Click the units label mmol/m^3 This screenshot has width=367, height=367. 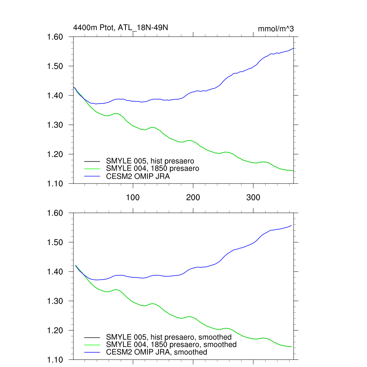(x=276, y=29)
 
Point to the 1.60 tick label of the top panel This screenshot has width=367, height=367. (x=55, y=37)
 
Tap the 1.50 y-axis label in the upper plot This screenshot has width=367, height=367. (x=55, y=66)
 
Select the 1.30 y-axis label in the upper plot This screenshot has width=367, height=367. (x=55, y=125)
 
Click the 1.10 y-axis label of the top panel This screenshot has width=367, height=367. (x=55, y=183)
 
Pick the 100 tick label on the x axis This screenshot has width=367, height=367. (x=133, y=197)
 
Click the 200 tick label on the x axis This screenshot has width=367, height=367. (x=193, y=197)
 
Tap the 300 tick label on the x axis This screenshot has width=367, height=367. (x=253, y=197)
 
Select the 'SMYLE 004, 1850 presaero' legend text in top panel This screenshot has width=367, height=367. (x=152, y=168)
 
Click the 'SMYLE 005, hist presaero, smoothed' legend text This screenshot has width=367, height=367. (x=169, y=337)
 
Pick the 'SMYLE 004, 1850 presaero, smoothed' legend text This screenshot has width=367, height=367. (x=171, y=344)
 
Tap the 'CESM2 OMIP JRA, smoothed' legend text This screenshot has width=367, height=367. (x=157, y=352)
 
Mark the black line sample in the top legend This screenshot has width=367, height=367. (x=92, y=161)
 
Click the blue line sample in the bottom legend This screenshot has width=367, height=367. (x=92, y=352)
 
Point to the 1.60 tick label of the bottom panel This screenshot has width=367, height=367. (x=55, y=213)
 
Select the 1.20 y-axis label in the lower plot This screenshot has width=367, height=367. (x=55, y=330)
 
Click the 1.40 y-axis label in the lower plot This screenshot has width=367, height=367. (x=55, y=272)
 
